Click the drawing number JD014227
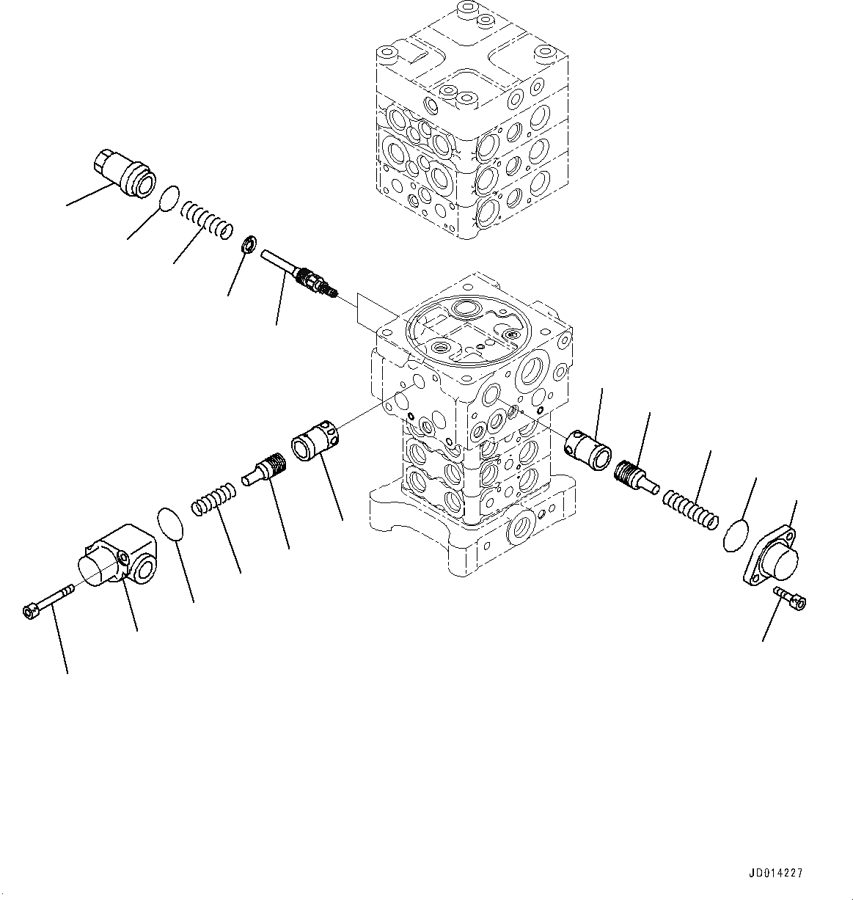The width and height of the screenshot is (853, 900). point(776,873)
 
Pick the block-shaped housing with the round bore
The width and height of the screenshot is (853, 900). point(118,558)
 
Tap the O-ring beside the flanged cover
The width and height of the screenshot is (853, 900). point(736,535)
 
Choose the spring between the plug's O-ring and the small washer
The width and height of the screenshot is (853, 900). point(208,217)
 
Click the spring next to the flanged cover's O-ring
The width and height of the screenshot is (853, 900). point(689,509)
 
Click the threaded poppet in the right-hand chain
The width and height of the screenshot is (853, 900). point(634,474)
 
